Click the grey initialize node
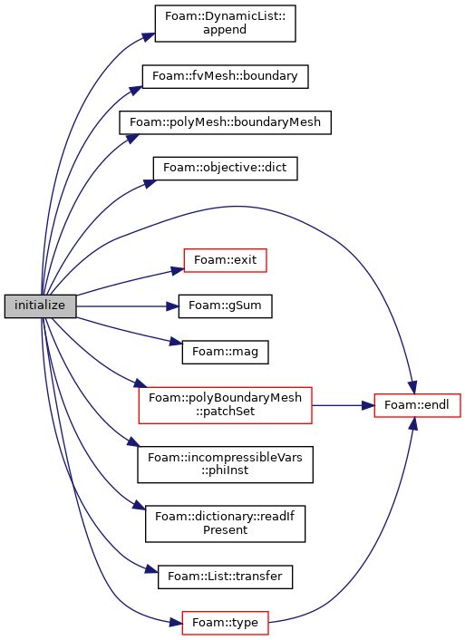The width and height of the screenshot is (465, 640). (x=40, y=305)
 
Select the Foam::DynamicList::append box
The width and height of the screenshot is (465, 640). (x=225, y=24)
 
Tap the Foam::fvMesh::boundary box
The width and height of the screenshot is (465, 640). (x=225, y=76)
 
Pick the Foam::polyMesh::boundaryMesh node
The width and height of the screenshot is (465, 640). (x=225, y=122)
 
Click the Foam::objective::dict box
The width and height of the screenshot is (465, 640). (x=225, y=169)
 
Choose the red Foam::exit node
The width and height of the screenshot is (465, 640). (x=225, y=260)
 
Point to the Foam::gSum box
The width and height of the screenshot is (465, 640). (x=225, y=306)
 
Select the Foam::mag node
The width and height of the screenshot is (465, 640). (x=225, y=352)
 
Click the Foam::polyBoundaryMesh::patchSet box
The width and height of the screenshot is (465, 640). (x=225, y=405)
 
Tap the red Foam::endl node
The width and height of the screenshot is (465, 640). (x=417, y=405)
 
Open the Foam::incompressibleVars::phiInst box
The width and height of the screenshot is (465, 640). (x=225, y=464)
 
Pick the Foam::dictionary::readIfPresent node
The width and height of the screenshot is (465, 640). (x=225, y=524)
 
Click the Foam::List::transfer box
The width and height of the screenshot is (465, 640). (x=225, y=577)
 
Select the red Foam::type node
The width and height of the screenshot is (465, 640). (x=225, y=623)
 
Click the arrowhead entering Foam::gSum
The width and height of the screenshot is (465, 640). (x=173, y=306)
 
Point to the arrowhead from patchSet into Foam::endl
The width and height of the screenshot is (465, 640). (x=368, y=405)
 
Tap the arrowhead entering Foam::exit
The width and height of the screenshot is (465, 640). (x=178, y=270)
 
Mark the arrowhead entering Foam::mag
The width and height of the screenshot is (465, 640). (x=176, y=342)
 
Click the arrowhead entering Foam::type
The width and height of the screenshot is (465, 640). (x=176, y=623)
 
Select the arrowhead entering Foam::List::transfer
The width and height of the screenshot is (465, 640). (x=152, y=569)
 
